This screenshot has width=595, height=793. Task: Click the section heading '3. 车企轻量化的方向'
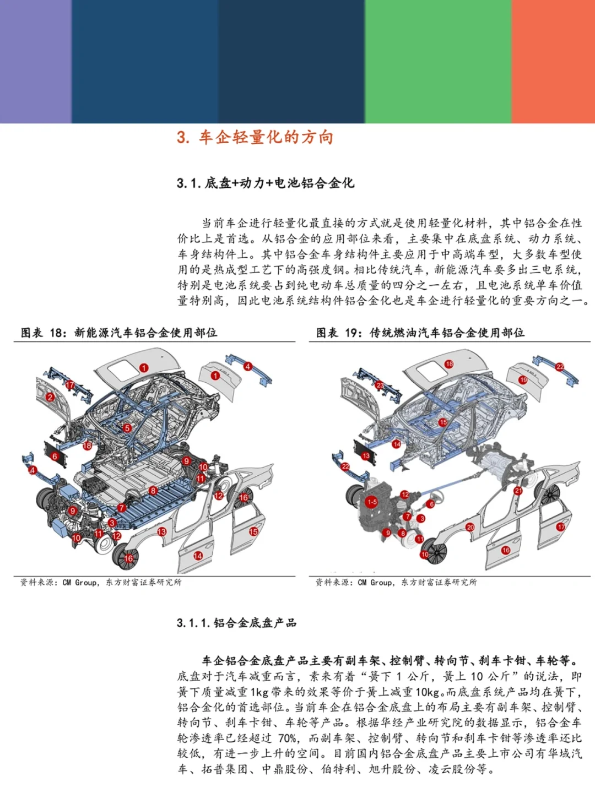pos(255,137)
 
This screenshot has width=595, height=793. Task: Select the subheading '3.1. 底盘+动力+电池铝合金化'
pos(265,183)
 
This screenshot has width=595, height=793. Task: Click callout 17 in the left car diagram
pos(71,384)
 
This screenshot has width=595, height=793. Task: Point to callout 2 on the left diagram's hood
pos(51,397)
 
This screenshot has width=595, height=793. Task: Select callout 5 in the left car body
pos(127,428)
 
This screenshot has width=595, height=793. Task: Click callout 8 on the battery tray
pos(153,490)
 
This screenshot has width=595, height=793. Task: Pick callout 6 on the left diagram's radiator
pos(55,457)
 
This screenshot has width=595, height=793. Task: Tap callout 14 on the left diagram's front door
pos(198,556)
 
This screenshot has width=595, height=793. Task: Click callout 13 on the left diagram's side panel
pos(161,531)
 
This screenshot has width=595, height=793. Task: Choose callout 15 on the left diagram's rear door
pos(253,531)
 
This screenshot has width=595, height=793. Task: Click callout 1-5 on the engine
pos(372,502)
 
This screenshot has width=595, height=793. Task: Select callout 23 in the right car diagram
pos(380,385)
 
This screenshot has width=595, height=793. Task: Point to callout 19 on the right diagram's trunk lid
pos(523,380)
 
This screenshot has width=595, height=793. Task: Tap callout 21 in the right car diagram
pos(518,490)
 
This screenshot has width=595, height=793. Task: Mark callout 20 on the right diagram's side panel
pos(470,527)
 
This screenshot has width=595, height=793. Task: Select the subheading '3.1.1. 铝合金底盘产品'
pos(237,623)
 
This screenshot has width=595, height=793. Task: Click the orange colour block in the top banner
pos(553,61)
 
